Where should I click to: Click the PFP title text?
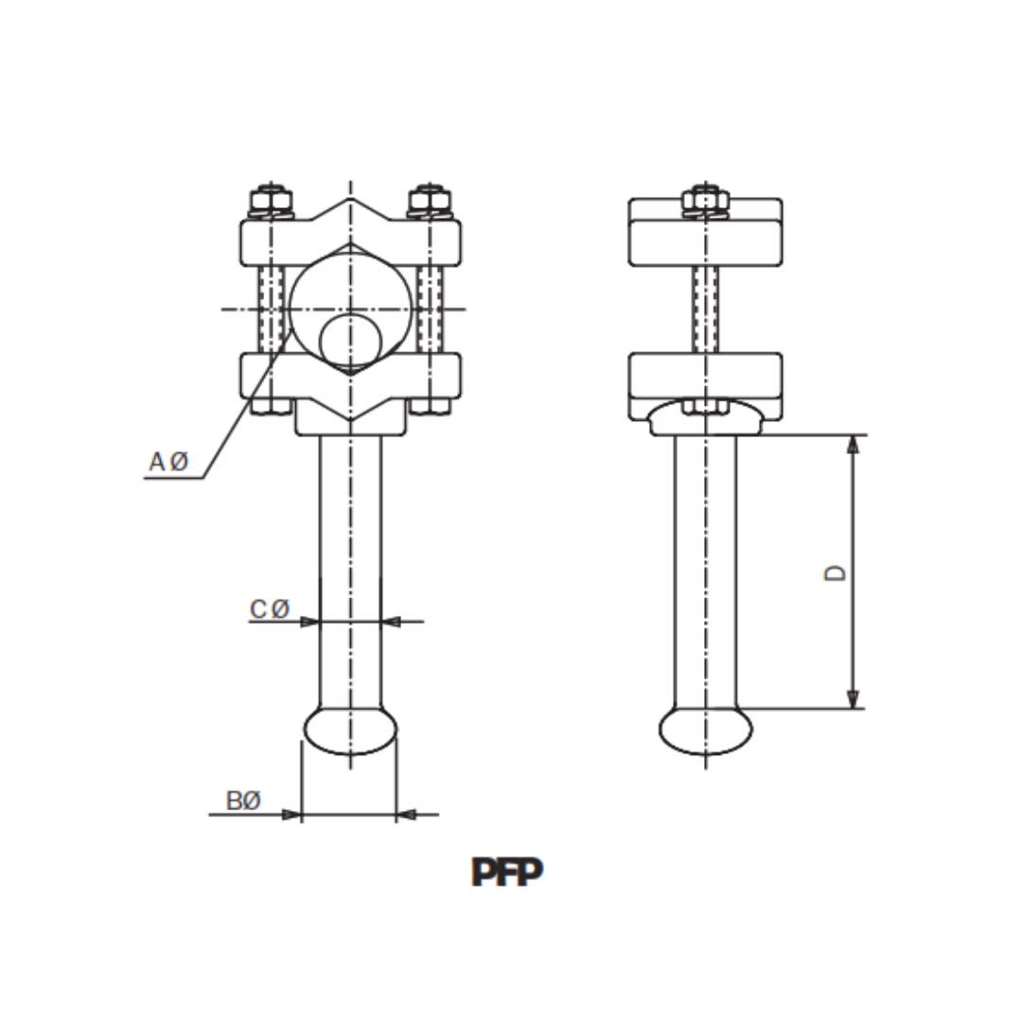point(507,872)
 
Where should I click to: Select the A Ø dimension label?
point(169,462)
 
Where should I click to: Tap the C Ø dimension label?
point(270,609)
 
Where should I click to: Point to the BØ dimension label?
point(242,801)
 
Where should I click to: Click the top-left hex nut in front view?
point(271,202)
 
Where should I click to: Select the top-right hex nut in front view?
point(429,202)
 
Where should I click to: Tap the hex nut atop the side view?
point(705,201)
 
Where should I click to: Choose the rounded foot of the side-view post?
point(705,731)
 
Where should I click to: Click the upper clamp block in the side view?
point(705,233)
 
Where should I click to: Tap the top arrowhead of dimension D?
point(853,444)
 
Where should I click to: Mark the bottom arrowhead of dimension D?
point(853,699)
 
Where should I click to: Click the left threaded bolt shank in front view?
point(272,308)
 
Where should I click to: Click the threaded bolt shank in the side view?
point(705,308)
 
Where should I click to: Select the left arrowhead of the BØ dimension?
point(292,814)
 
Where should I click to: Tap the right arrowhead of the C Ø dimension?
point(391,622)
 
